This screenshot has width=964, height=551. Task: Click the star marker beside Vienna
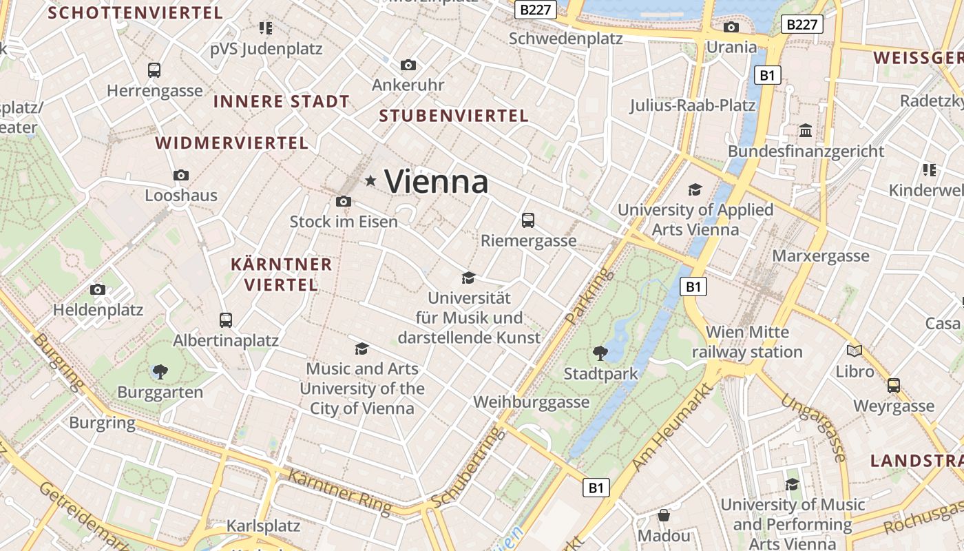[370, 181]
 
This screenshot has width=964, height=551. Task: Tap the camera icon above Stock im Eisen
[343, 202]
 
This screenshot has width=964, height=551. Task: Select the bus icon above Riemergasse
[528, 220]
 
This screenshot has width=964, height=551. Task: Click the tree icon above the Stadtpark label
[600, 353]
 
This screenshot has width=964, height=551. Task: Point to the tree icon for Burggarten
[160, 372]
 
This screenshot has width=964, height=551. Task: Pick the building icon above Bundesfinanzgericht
[806, 131]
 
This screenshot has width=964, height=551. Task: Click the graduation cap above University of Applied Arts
[695, 189]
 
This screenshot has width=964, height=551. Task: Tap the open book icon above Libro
[855, 351]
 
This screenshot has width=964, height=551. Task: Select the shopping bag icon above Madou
[664, 515]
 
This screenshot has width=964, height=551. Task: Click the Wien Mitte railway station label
[747, 342]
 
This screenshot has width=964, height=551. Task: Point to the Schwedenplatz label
[565, 39]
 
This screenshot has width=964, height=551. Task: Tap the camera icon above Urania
[731, 28]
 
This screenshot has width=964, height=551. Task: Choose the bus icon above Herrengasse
[154, 70]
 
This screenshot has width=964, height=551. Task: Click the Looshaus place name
[180, 196]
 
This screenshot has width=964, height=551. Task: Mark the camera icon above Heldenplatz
[98, 290]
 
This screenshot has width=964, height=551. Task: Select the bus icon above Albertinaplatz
[226, 320]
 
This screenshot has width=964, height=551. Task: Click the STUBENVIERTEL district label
[454, 116]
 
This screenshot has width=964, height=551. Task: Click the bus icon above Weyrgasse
[894, 386]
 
